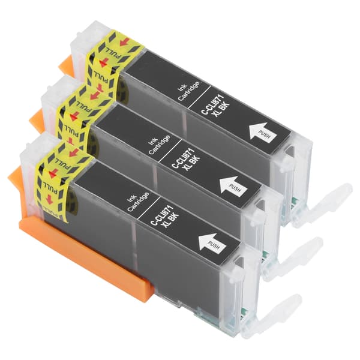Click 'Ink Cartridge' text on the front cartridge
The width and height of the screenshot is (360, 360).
coord(138,202)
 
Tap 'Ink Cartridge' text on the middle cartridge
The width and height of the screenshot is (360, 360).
coord(159,145)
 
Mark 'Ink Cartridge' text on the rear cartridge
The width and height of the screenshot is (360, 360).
coord(188,91)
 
